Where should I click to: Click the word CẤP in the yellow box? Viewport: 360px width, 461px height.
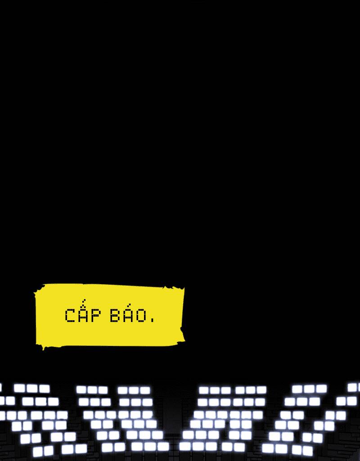pos(82,315)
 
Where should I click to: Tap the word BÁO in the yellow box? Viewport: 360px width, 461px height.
pos(129,315)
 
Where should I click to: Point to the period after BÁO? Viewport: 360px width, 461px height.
pos(152,321)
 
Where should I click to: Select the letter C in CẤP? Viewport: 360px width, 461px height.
pos(70,316)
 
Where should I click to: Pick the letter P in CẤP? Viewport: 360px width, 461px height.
pos(94,316)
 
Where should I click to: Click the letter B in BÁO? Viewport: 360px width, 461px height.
pos(115,316)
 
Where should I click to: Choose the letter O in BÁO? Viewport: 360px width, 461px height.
pos(142,316)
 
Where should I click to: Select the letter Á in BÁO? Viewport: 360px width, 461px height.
pos(128,316)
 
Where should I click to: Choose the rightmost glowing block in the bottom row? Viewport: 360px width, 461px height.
pos(308,450)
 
